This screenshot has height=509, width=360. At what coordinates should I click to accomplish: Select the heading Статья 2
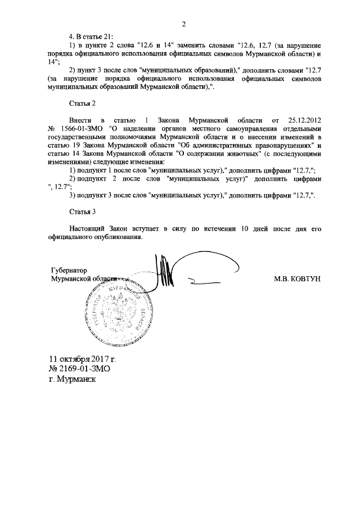(83, 103)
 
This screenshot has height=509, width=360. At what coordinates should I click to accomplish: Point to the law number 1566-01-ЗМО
(80, 128)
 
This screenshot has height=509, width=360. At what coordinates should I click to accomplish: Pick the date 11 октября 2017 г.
(83, 358)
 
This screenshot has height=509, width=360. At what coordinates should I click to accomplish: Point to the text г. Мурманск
(73, 380)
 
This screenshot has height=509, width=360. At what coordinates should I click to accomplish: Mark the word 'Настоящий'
(88, 228)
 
